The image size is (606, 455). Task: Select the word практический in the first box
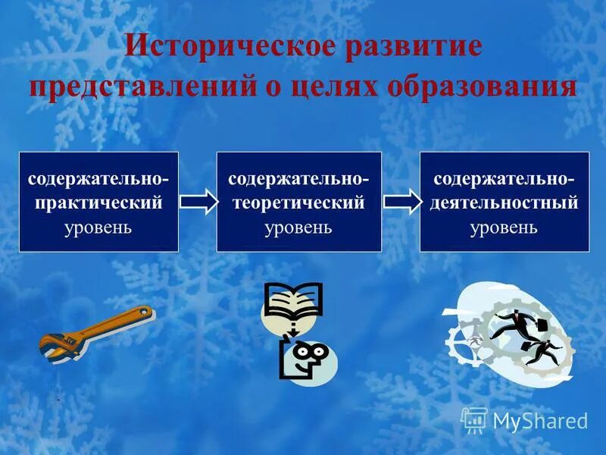point(98,203)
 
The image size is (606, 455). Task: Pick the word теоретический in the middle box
point(298,203)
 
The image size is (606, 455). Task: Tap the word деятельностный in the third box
point(504,203)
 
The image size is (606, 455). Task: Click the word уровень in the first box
point(98,227)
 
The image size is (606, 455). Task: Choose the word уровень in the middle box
point(298,227)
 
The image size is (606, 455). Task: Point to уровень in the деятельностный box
point(504,227)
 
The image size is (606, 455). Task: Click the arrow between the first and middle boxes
point(198,202)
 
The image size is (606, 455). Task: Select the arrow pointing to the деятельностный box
point(401,202)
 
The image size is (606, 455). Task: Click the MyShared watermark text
point(540,421)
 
